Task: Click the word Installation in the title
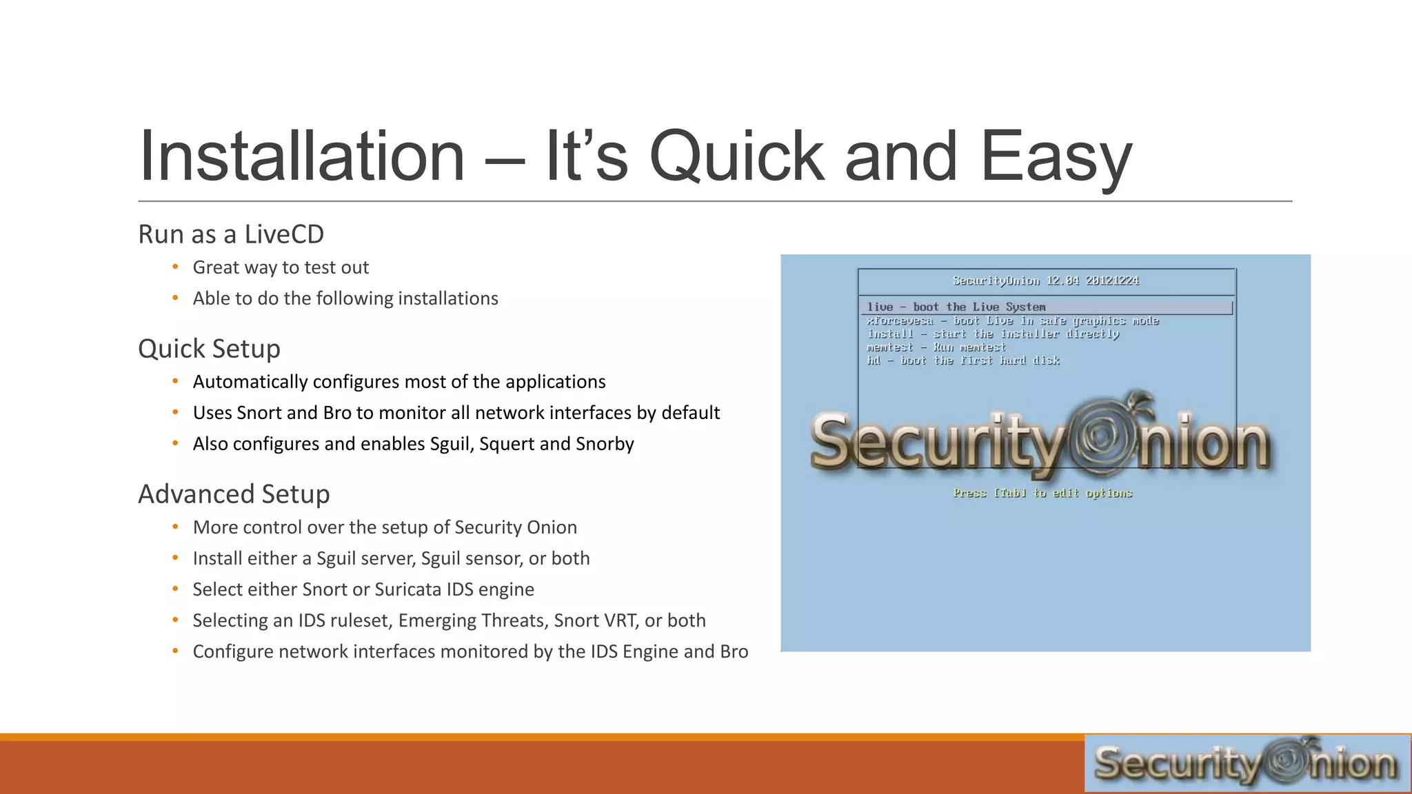click(x=302, y=157)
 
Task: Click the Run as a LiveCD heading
click(x=230, y=234)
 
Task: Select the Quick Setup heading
click(x=209, y=349)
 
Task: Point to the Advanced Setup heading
click(x=234, y=494)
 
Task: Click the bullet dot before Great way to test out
click(x=176, y=267)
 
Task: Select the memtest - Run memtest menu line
click(x=936, y=347)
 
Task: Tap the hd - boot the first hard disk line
click(x=962, y=360)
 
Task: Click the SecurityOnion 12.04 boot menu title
click(x=1045, y=281)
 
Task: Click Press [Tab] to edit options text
click(x=1042, y=493)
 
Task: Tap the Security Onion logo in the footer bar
click(x=1247, y=763)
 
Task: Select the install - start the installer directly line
click(x=993, y=334)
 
